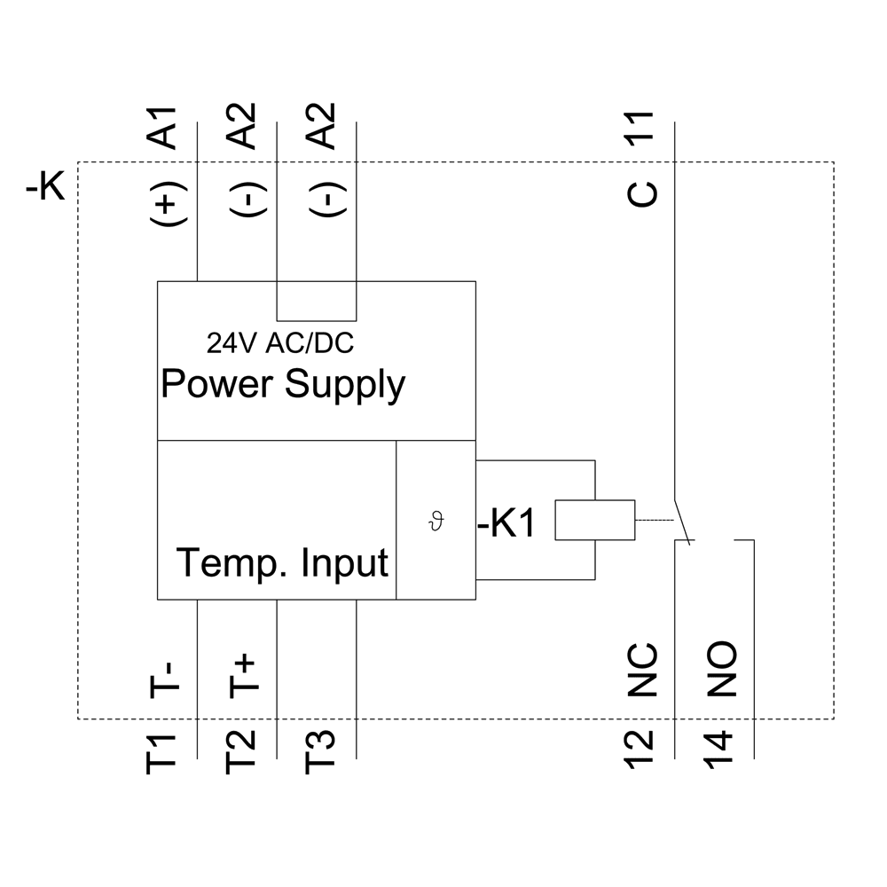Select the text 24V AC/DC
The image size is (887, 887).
(280, 342)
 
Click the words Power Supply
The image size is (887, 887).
(282, 385)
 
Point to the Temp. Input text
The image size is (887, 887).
(282, 562)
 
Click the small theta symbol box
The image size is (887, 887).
(435, 522)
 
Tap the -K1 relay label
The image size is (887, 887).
(506, 524)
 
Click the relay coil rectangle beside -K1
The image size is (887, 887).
(594, 521)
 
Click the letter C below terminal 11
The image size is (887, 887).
(642, 192)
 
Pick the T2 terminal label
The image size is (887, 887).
(241, 753)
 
